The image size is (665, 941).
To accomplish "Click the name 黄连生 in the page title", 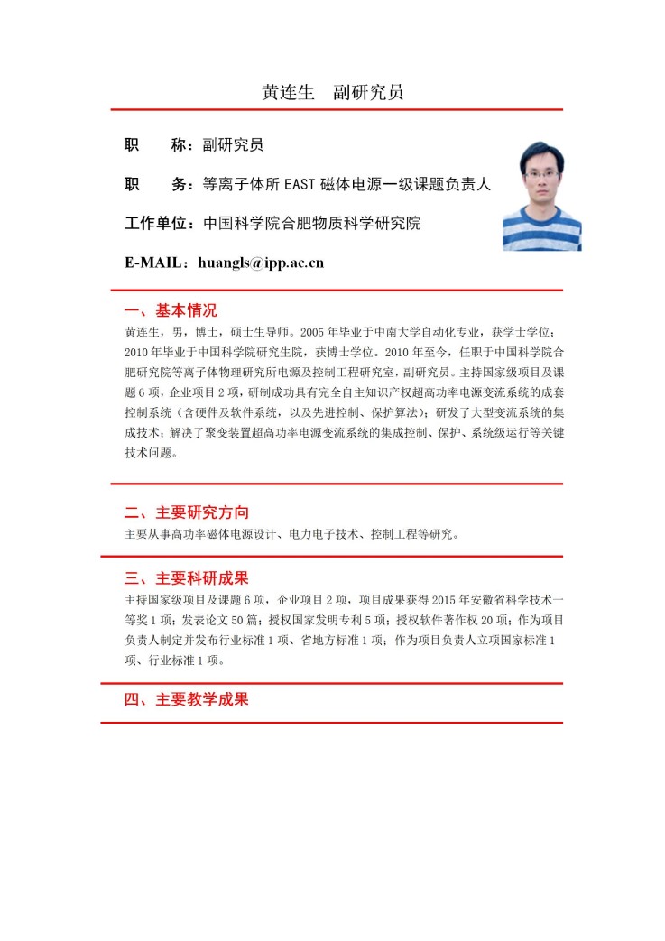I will tap(287, 91).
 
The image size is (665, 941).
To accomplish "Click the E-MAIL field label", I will tap(155, 263).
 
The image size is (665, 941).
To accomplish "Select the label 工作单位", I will tap(159, 223).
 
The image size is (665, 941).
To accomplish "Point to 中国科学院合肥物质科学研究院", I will tap(311, 223).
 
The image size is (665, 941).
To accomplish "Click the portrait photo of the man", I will tap(541, 195).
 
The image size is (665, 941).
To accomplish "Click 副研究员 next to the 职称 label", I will tap(233, 144).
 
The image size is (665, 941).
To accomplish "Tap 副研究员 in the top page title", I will tap(367, 91).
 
